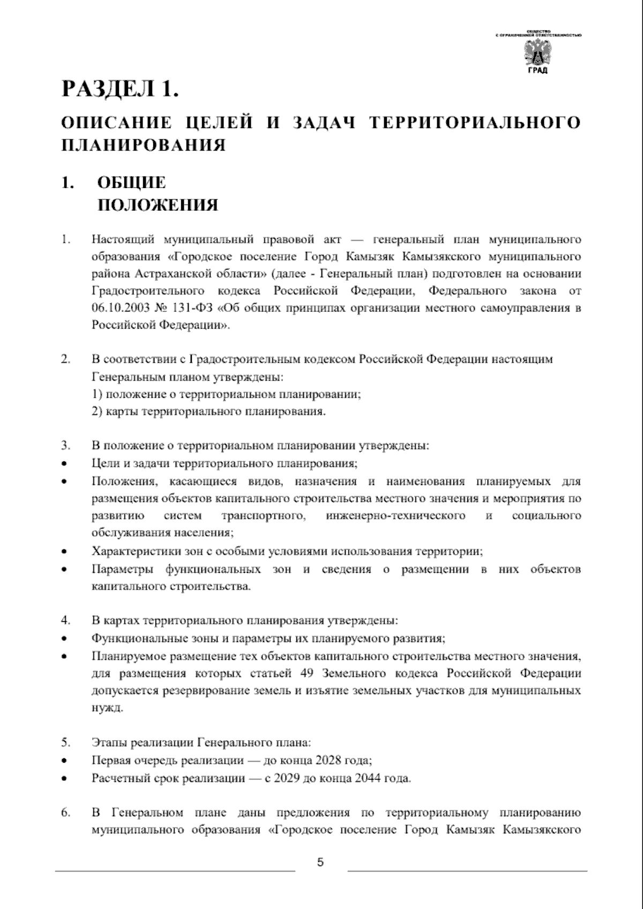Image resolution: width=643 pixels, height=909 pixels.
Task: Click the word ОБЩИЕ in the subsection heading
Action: pyautogui.click(x=131, y=183)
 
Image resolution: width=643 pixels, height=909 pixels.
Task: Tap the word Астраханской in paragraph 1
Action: pyautogui.click(x=172, y=274)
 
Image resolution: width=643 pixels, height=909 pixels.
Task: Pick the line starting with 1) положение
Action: pyautogui.click(x=226, y=394)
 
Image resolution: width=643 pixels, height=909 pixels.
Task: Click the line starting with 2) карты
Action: pyautogui.click(x=208, y=412)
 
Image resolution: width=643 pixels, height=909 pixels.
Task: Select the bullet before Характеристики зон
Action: pyautogui.click(x=64, y=552)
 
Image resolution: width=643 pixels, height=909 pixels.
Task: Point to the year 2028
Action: pyautogui.click(x=329, y=761)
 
